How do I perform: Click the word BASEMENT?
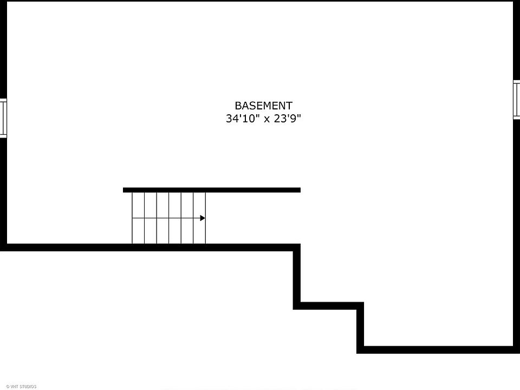[x=263, y=106]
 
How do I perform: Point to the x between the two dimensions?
[x=266, y=119]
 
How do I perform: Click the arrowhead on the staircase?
[x=203, y=218]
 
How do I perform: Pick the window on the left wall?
[x=3, y=118]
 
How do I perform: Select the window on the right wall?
[x=517, y=99]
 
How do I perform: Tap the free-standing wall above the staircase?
[x=211, y=190]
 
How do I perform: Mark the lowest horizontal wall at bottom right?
[x=436, y=349]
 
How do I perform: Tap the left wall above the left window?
[x=3, y=49]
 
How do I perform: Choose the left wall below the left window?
[x=3, y=190]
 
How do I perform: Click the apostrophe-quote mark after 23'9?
[x=298, y=116]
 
